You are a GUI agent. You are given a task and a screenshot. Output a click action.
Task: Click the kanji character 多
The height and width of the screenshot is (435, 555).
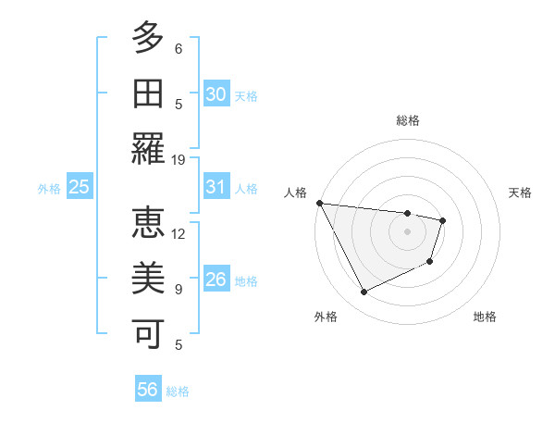pos(148,39)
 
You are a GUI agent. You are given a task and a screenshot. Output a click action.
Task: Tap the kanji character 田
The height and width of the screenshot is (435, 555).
pos(148,94)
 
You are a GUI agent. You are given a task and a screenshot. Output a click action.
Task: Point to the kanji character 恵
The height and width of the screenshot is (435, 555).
pos(148,224)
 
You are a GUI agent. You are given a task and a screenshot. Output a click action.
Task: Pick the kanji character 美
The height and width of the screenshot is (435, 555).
pos(148,280)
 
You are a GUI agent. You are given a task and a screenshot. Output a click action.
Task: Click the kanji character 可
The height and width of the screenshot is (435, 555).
pos(148,333)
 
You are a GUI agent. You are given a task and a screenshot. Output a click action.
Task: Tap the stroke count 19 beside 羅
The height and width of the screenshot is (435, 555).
pos(179,159)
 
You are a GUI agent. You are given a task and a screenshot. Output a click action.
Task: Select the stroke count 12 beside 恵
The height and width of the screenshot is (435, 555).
pos(179,233)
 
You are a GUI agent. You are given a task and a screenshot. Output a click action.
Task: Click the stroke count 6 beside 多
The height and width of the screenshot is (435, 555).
pos(179,48)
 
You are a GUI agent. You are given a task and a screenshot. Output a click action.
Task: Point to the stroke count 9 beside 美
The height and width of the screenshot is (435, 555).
pos(179,289)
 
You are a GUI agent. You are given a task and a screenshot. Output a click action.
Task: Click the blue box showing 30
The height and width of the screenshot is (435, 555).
pos(216,94)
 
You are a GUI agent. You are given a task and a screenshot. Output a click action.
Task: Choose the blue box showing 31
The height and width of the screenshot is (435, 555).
pos(216,187)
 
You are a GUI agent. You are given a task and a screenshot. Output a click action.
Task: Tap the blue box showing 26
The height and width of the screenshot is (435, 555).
pos(216,280)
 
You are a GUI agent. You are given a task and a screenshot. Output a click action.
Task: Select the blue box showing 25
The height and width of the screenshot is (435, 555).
pos(79,188)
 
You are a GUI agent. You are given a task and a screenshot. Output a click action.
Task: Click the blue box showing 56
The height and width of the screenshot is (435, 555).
pos(148,390)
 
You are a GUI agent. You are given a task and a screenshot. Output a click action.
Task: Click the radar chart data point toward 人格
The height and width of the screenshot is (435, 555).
pos(319,203)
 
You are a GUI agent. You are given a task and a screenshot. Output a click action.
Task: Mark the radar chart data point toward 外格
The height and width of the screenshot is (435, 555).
pos(364,292)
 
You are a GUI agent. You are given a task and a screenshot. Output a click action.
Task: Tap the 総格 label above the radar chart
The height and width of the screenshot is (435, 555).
pos(407,120)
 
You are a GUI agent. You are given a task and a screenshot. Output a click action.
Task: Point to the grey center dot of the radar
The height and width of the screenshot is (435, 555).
pos(407,231)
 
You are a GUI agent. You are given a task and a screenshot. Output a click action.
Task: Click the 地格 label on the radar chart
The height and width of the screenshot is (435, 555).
pos(485,317)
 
